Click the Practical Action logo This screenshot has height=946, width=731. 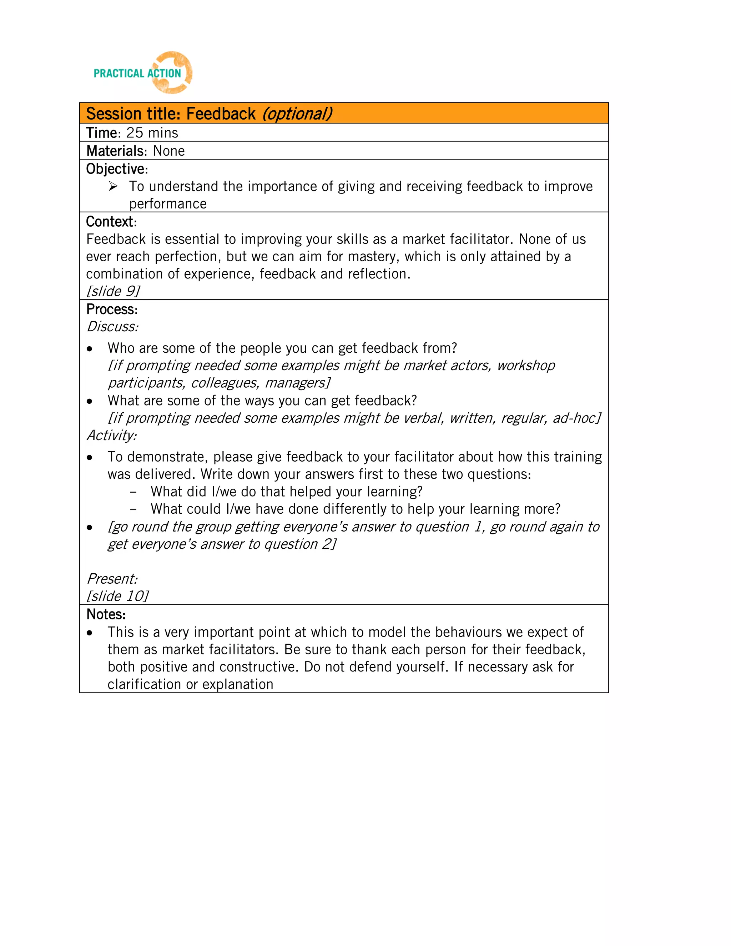click(x=142, y=73)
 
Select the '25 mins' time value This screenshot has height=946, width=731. click(x=152, y=133)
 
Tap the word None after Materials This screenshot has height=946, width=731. click(x=169, y=151)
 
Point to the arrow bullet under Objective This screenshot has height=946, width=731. click(x=113, y=187)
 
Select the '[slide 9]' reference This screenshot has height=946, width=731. click(x=113, y=291)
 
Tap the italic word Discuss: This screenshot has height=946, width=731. click(x=112, y=327)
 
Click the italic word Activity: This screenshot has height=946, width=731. click(x=112, y=435)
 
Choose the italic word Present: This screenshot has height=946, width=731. click(x=112, y=579)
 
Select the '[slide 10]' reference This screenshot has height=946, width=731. click(x=117, y=596)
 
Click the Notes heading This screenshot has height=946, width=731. click(x=106, y=614)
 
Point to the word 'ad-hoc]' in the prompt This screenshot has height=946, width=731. click(x=577, y=418)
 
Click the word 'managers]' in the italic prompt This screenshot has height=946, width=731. click(x=298, y=383)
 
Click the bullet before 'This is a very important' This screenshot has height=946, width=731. click(x=90, y=633)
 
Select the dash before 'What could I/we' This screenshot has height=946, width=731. click(x=133, y=509)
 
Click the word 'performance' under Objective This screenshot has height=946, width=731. click(x=168, y=204)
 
